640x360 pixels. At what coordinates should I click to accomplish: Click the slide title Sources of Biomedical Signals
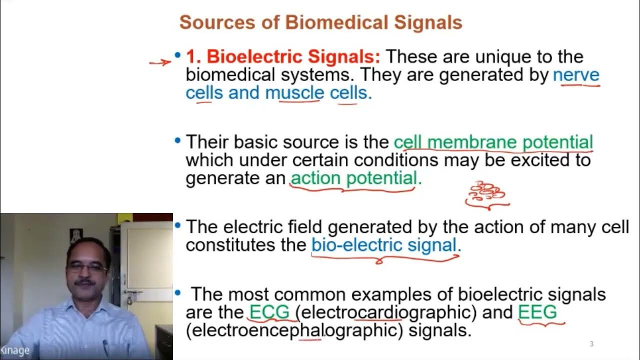(x=320, y=22)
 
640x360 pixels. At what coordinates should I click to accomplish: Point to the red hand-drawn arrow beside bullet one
(x=160, y=62)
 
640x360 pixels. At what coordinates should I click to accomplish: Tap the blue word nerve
(x=576, y=75)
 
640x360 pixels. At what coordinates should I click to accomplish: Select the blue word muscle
(x=294, y=93)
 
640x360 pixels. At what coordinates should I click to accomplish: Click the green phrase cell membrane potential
(x=493, y=142)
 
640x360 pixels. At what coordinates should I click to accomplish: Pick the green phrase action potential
(x=355, y=178)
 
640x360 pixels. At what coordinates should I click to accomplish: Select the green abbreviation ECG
(x=269, y=312)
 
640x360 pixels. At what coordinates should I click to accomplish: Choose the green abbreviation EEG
(x=537, y=312)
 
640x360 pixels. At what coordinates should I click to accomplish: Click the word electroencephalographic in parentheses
(x=295, y=330)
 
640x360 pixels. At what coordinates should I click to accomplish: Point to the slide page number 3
(x=591, y=343)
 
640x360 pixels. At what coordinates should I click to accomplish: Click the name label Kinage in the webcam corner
(x=15, y=350)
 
